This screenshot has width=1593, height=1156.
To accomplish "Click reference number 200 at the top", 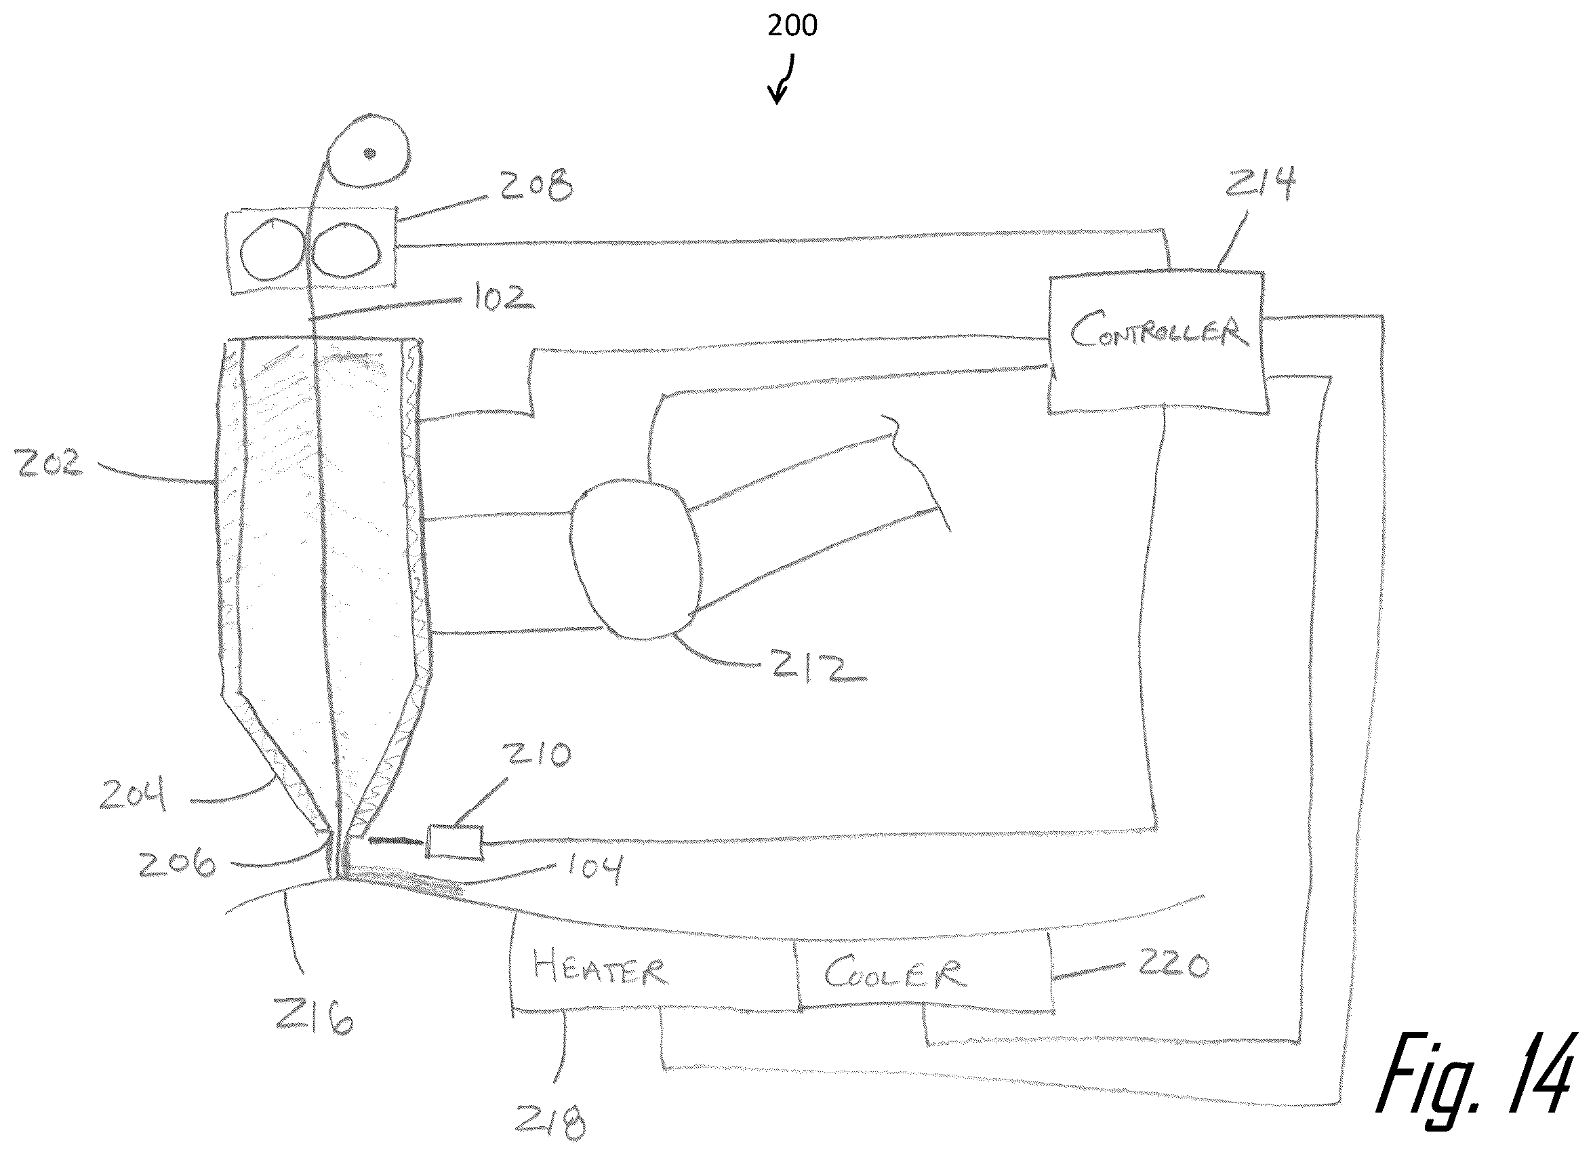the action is point(792,26).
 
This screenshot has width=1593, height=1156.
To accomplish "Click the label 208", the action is point(536,185).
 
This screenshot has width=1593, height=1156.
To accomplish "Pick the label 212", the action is point(818,665).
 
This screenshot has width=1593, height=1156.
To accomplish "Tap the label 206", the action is point(177,863).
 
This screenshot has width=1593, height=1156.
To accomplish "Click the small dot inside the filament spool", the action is point(370,153).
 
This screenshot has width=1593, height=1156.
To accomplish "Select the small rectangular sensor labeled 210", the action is point(454,841).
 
